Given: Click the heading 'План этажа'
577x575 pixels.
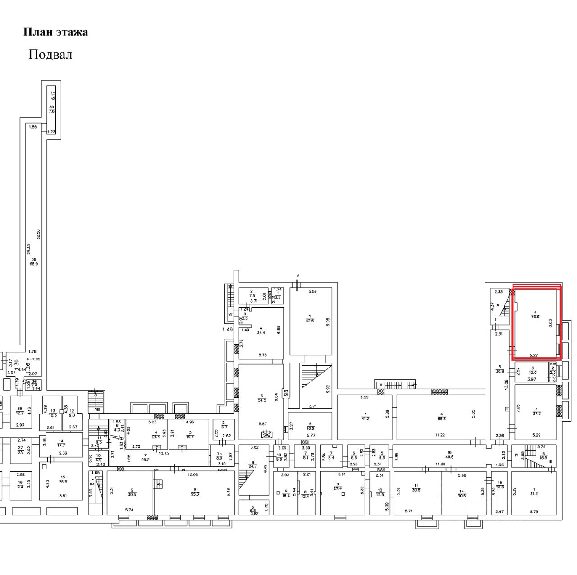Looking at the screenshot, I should click(55, 32).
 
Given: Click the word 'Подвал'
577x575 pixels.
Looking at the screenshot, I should click(50, 55).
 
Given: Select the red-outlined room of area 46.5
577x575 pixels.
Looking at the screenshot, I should click(536, 321).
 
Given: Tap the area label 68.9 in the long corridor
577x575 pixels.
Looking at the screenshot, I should click(34, 263).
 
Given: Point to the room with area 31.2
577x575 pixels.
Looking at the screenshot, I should click(535, 492).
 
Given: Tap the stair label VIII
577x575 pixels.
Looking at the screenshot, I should click(97, 409).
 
